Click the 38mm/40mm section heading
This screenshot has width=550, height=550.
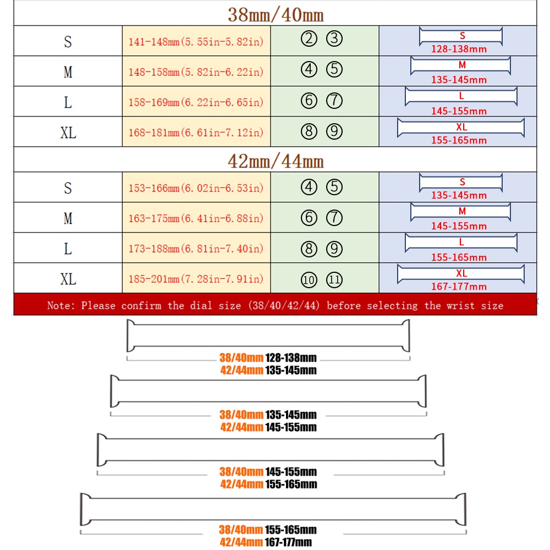click(276, 14)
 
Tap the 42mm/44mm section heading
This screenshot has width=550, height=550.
click(276, 161)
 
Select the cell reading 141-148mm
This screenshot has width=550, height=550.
click(196, 41)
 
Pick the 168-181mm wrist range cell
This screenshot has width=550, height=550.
click(196, 132)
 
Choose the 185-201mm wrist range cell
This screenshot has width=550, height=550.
click(196, 279)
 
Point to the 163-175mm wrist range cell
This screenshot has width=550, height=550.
click(196, 218)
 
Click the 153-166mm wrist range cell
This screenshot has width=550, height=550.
click(196, 188)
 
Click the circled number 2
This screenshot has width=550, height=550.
click(310, 39)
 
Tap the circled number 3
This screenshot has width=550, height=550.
click(334, 39)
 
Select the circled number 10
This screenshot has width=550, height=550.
click(309, 280)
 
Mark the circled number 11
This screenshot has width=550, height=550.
click(334, 280)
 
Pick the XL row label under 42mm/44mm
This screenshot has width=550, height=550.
click(68, 279)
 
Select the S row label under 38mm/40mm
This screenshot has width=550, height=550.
click(68, 41)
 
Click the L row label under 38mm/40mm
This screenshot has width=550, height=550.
click(68, 102)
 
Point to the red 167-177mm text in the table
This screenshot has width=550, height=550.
click(459, 287)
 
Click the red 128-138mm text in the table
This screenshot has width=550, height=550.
click(459, 49)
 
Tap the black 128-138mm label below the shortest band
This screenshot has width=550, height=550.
click(291, 358)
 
